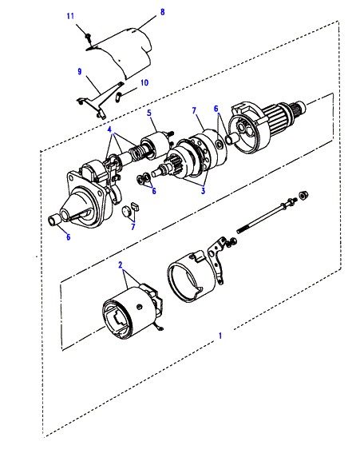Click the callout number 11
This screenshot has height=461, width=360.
coord(70,16)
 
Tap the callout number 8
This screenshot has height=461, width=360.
coord(162,12)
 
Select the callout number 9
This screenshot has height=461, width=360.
coord(80,71)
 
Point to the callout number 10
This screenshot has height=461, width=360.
coord(144,82)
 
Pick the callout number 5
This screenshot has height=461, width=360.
coord(149,113)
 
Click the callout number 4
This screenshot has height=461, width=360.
coord(109,129)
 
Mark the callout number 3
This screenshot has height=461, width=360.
coord(203,191)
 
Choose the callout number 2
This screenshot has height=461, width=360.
coord(120,265)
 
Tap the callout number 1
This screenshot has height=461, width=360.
coord(220,336)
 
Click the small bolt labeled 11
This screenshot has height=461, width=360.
coord(88,37)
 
